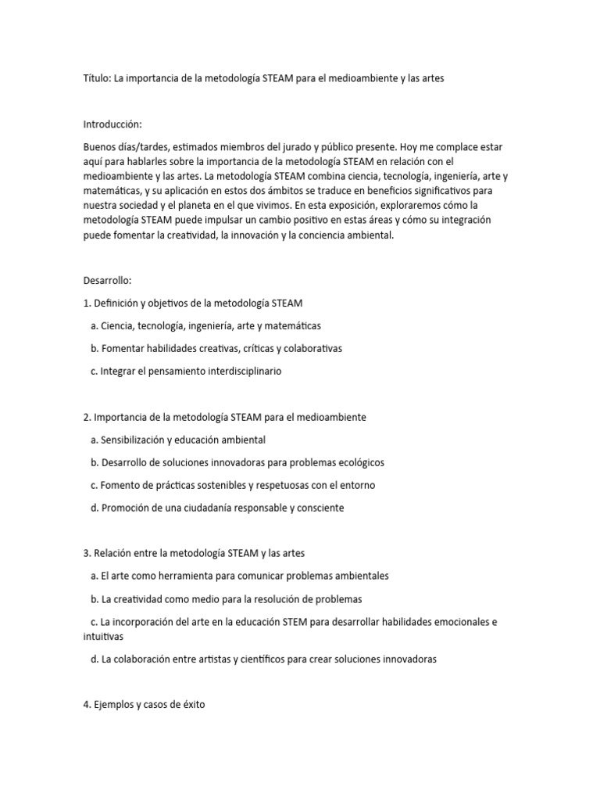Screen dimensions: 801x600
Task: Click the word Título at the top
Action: click(x=96, y=79)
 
